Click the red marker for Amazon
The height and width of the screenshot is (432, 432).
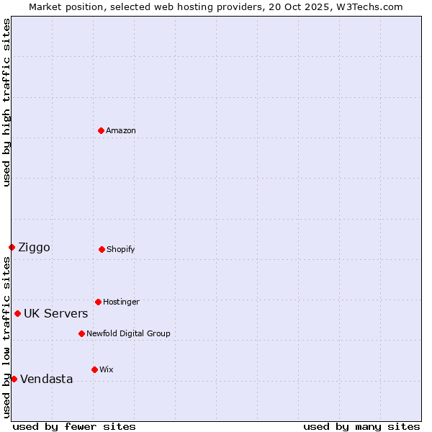tap(101, 130)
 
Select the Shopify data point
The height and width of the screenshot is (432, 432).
tap(102, 249)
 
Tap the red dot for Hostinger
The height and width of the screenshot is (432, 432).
tap(98, 302)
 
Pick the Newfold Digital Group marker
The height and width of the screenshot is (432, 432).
tap(81, 333)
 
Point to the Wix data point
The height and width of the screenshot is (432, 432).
tap(94, 369)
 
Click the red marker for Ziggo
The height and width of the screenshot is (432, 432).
tap(12, 247)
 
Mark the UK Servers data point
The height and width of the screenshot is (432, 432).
tap(17, 313)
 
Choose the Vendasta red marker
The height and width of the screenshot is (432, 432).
tap(14, 379)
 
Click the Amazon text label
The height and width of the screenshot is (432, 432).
tap(121, 130)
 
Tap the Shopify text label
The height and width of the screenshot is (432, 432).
tap(121, 249)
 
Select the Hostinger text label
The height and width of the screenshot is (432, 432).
tap(121, 302)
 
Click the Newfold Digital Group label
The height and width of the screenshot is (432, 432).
tap(128, 333)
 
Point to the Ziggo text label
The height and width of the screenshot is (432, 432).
tap(34, 248)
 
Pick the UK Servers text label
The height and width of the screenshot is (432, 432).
tap(55, 314)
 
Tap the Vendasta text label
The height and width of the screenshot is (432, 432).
tap(46, 379)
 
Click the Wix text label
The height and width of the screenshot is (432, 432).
tap(106, 369)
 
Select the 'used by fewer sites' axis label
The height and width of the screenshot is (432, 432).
tap(74, 426)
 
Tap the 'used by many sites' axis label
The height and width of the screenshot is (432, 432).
tap(361, 426)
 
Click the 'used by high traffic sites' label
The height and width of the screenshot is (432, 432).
tap(6, 102)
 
